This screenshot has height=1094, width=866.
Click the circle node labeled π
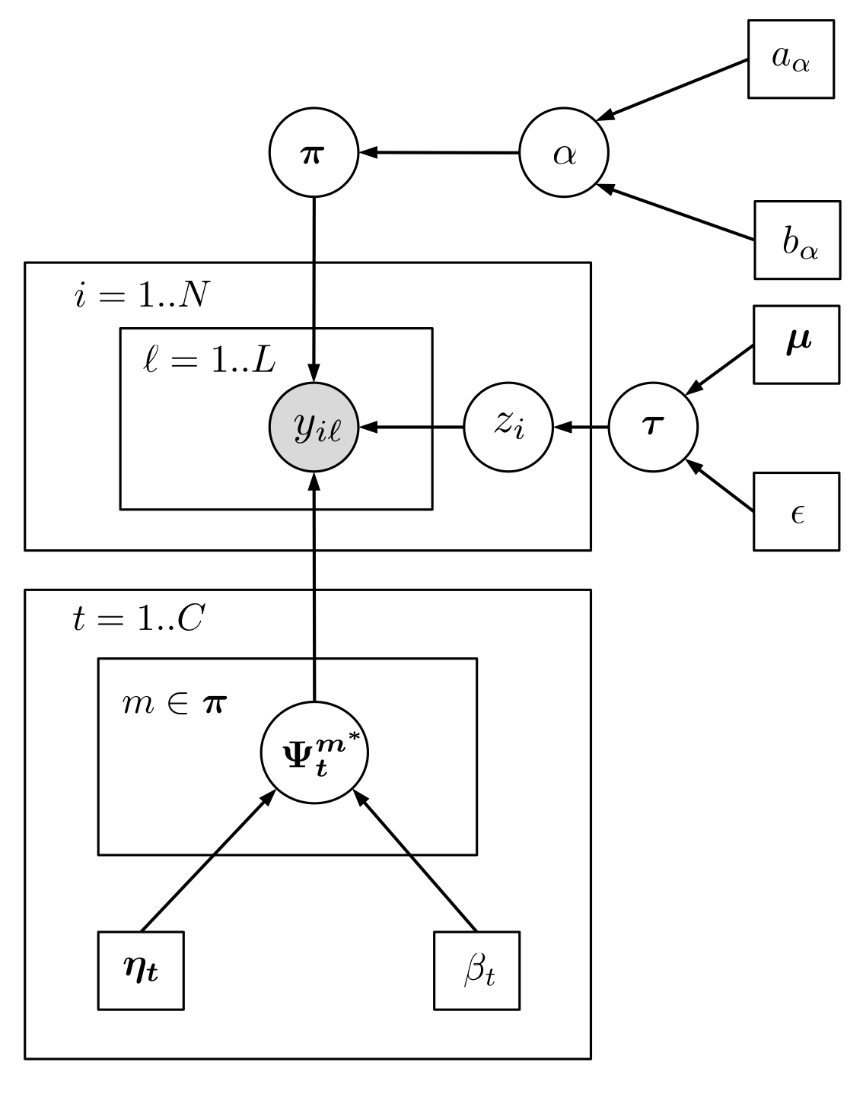314,153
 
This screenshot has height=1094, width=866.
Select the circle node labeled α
564,153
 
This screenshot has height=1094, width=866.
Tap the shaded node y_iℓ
314,428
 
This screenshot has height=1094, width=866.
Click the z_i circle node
508,428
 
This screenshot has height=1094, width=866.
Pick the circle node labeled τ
653,428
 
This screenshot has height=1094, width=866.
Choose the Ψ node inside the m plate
314,754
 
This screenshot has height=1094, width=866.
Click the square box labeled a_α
791,59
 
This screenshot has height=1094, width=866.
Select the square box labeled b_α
798,240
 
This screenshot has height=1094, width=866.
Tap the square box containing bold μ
796,344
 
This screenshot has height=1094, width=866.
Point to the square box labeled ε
796,511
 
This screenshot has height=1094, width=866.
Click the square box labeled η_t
141,971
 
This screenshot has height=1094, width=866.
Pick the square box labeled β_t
477,971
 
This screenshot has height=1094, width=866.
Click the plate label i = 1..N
142,295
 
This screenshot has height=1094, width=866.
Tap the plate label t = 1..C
138,619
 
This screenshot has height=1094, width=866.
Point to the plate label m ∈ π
174,704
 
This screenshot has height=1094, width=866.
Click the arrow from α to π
439,153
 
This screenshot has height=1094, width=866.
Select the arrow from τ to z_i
581,428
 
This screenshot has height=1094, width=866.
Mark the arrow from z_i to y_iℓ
411,428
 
